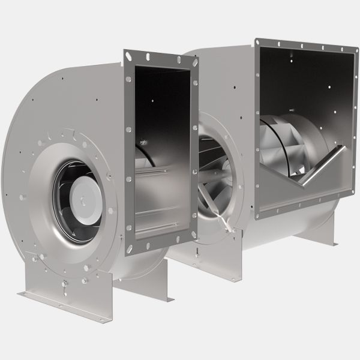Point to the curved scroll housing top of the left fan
(84, 66)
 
